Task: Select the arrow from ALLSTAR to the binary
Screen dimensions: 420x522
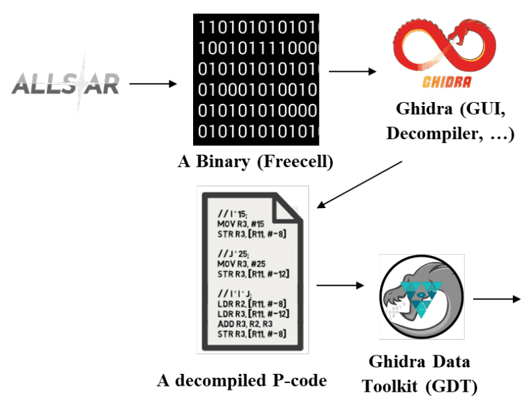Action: coord(153,84)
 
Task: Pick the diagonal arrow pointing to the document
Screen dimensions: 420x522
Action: coord(360,184)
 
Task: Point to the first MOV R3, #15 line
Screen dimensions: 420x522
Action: coord(239,224)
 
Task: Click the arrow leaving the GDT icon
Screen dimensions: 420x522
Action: coord(496,299)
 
